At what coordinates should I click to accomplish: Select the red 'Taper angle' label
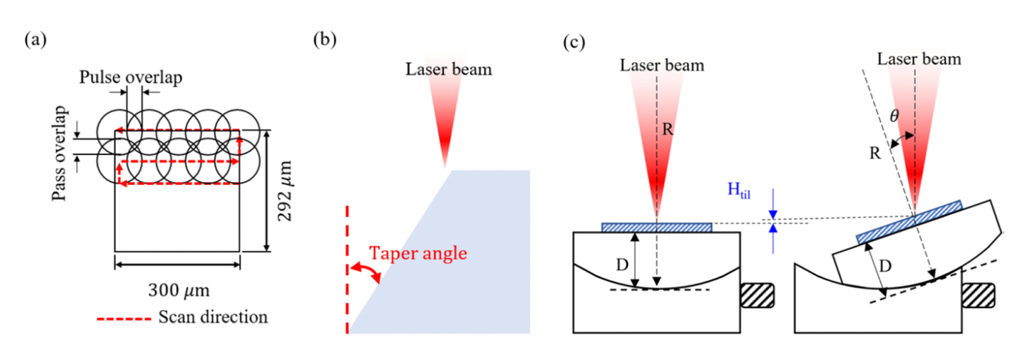pos(418,253)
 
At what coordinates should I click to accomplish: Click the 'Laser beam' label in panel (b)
pos(448,70)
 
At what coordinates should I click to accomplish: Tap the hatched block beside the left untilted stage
pos(756,297)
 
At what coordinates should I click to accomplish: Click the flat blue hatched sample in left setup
pos(657,227)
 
